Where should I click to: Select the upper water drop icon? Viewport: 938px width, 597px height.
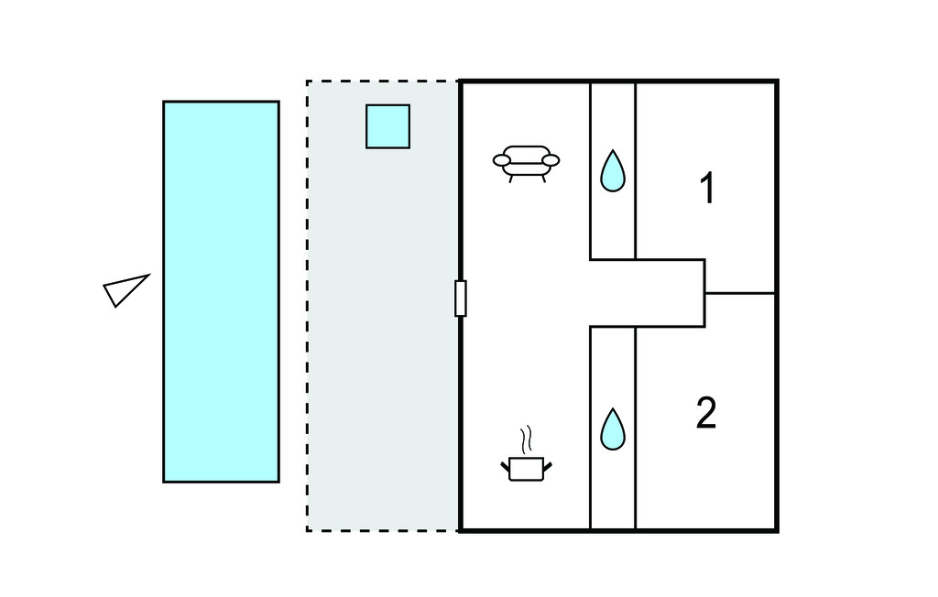612,170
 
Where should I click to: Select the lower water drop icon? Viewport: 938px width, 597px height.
612,429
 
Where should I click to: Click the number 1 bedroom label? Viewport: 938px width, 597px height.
706,189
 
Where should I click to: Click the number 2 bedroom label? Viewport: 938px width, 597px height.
705,413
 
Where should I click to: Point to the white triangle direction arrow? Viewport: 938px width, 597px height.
124,290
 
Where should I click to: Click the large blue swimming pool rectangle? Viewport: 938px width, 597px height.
221,291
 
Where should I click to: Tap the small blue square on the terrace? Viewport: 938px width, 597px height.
387,126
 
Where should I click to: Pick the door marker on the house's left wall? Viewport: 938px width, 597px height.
460,298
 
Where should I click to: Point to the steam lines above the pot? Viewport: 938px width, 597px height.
525,440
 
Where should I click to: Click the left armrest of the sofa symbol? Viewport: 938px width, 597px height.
501,161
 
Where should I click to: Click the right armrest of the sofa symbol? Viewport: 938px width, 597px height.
551,160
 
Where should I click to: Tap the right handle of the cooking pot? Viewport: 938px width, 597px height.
548,468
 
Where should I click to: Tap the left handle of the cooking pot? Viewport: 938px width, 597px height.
505,468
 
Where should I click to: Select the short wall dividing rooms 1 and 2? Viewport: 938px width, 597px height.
740,293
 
